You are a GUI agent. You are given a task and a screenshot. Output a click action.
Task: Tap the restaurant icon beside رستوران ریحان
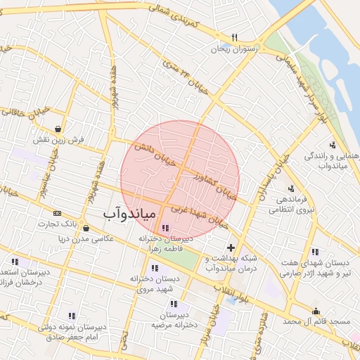[x=234, y=37]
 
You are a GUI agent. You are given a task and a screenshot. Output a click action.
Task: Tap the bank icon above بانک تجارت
[x=56, y=213]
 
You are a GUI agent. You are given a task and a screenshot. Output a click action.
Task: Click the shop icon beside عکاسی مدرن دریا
[x=86, y=228]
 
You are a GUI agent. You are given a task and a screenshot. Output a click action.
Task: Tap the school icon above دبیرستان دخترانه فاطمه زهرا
[x=165, y=228]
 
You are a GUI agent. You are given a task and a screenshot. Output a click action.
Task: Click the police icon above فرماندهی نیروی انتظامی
[x=291, y=188]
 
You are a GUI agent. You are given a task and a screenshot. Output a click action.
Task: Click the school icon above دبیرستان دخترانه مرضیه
[x=173, y=304]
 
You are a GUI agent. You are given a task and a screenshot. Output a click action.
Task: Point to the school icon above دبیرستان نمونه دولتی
[x=72, y=316]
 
